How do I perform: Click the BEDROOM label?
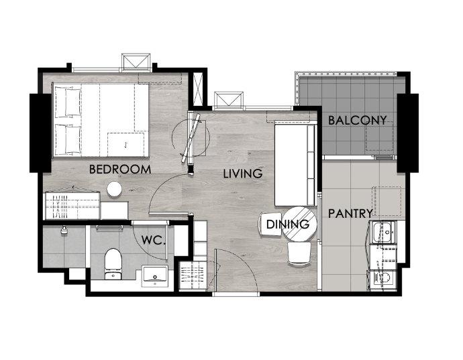120,170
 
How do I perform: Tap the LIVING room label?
243,174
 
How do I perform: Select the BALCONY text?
357,121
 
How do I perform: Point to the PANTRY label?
350,213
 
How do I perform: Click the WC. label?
153,240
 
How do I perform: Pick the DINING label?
288,225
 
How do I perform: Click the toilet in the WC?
113,264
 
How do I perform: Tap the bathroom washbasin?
155,276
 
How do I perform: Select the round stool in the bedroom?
114,189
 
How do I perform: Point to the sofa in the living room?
295,165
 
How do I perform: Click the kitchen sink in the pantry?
383,233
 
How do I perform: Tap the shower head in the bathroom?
64,230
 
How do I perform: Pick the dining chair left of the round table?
270,225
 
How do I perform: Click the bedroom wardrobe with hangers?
72,205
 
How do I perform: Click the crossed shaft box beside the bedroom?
197,88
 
